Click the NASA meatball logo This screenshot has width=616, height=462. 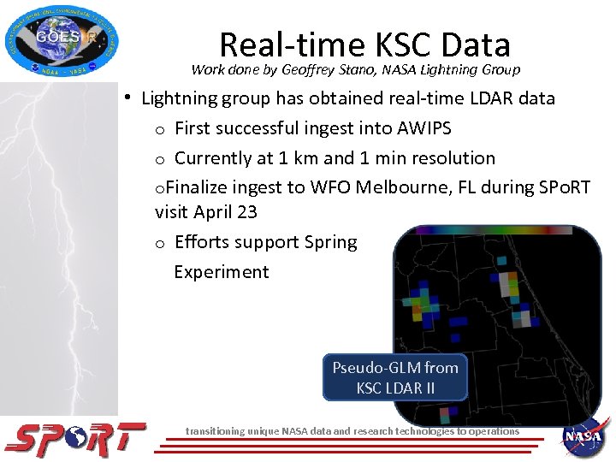coord(585,437)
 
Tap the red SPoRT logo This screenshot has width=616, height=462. coord(75,438)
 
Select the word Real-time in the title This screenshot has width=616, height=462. coord(291,44)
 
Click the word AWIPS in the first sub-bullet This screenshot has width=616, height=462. coord(424,128)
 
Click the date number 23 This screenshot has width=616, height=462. coord(246,211)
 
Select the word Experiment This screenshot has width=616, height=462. coord(222,272)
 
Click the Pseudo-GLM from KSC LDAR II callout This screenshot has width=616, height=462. coord(395,377)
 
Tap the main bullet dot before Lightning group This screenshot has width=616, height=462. coord(126,98)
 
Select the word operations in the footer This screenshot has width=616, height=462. coord(489,431)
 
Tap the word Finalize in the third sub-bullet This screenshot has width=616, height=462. coord(196,187)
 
